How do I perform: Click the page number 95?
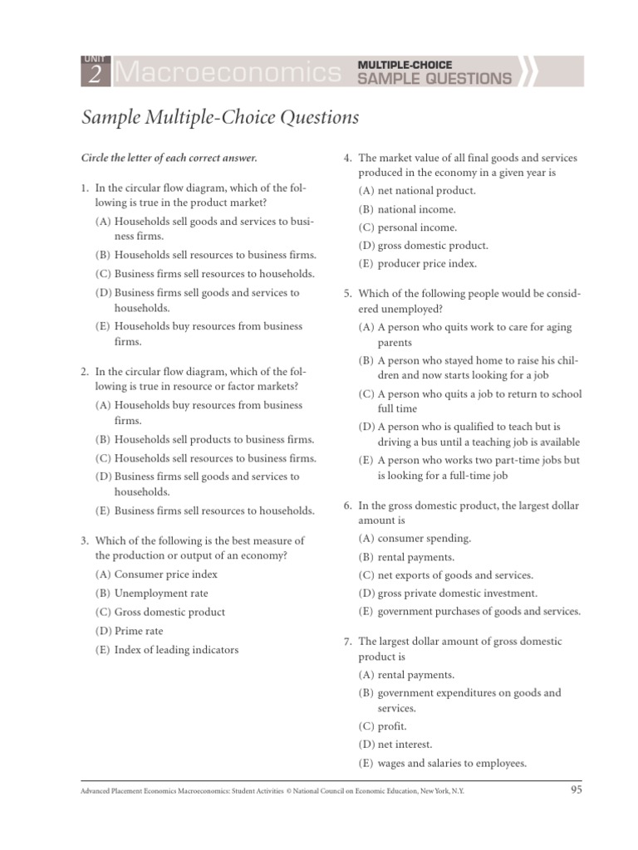click(x=576, y=789)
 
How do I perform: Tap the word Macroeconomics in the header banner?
click(x=226, y=73)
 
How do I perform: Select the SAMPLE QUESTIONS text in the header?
click(x=434, y=79)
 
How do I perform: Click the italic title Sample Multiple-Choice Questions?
click(x=220, y=118)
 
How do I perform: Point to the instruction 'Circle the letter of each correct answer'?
click(x=169, y=157)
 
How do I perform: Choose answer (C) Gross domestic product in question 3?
click(x=169, y=612)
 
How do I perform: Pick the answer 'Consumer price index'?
click(x=165, y=574)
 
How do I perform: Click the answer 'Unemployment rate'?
click(x=161, y=593)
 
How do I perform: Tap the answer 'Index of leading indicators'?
click(x=176, y=650)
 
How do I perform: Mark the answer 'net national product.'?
click(x=426, y=190)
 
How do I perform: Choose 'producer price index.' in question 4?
click(x=427, y=264)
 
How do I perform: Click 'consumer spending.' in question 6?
click(x=424, y=538)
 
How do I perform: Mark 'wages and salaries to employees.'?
click(x=452, y=763)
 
